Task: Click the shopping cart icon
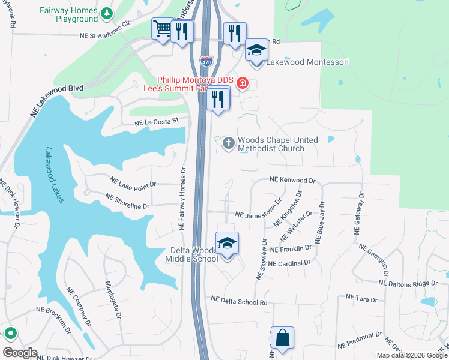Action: point(163,29)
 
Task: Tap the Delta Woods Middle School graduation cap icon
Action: point(227,244)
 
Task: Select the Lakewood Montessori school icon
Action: point(256,51)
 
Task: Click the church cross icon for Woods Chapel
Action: point(228,143)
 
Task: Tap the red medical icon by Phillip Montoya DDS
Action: point(242,83)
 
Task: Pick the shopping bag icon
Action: point(282,338)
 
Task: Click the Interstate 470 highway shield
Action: point(205,60)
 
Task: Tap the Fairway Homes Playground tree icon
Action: point(106,13)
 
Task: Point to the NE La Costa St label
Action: point(157,122)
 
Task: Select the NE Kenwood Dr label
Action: point(292,179)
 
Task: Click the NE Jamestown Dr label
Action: point(258,214)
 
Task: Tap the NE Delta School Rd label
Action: point(239,299)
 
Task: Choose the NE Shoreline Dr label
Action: point(127,200)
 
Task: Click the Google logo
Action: point(20,352)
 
